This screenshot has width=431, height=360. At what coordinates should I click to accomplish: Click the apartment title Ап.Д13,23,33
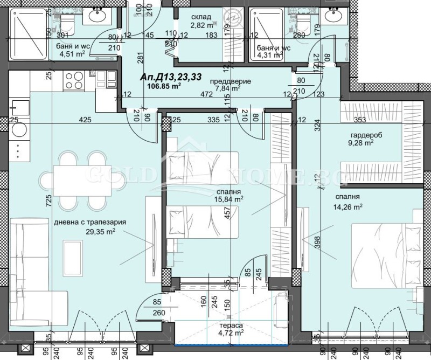(171, 77)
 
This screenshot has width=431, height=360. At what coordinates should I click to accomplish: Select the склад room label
(200, 17)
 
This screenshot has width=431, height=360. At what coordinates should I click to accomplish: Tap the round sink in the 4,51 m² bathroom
(98, 16)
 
